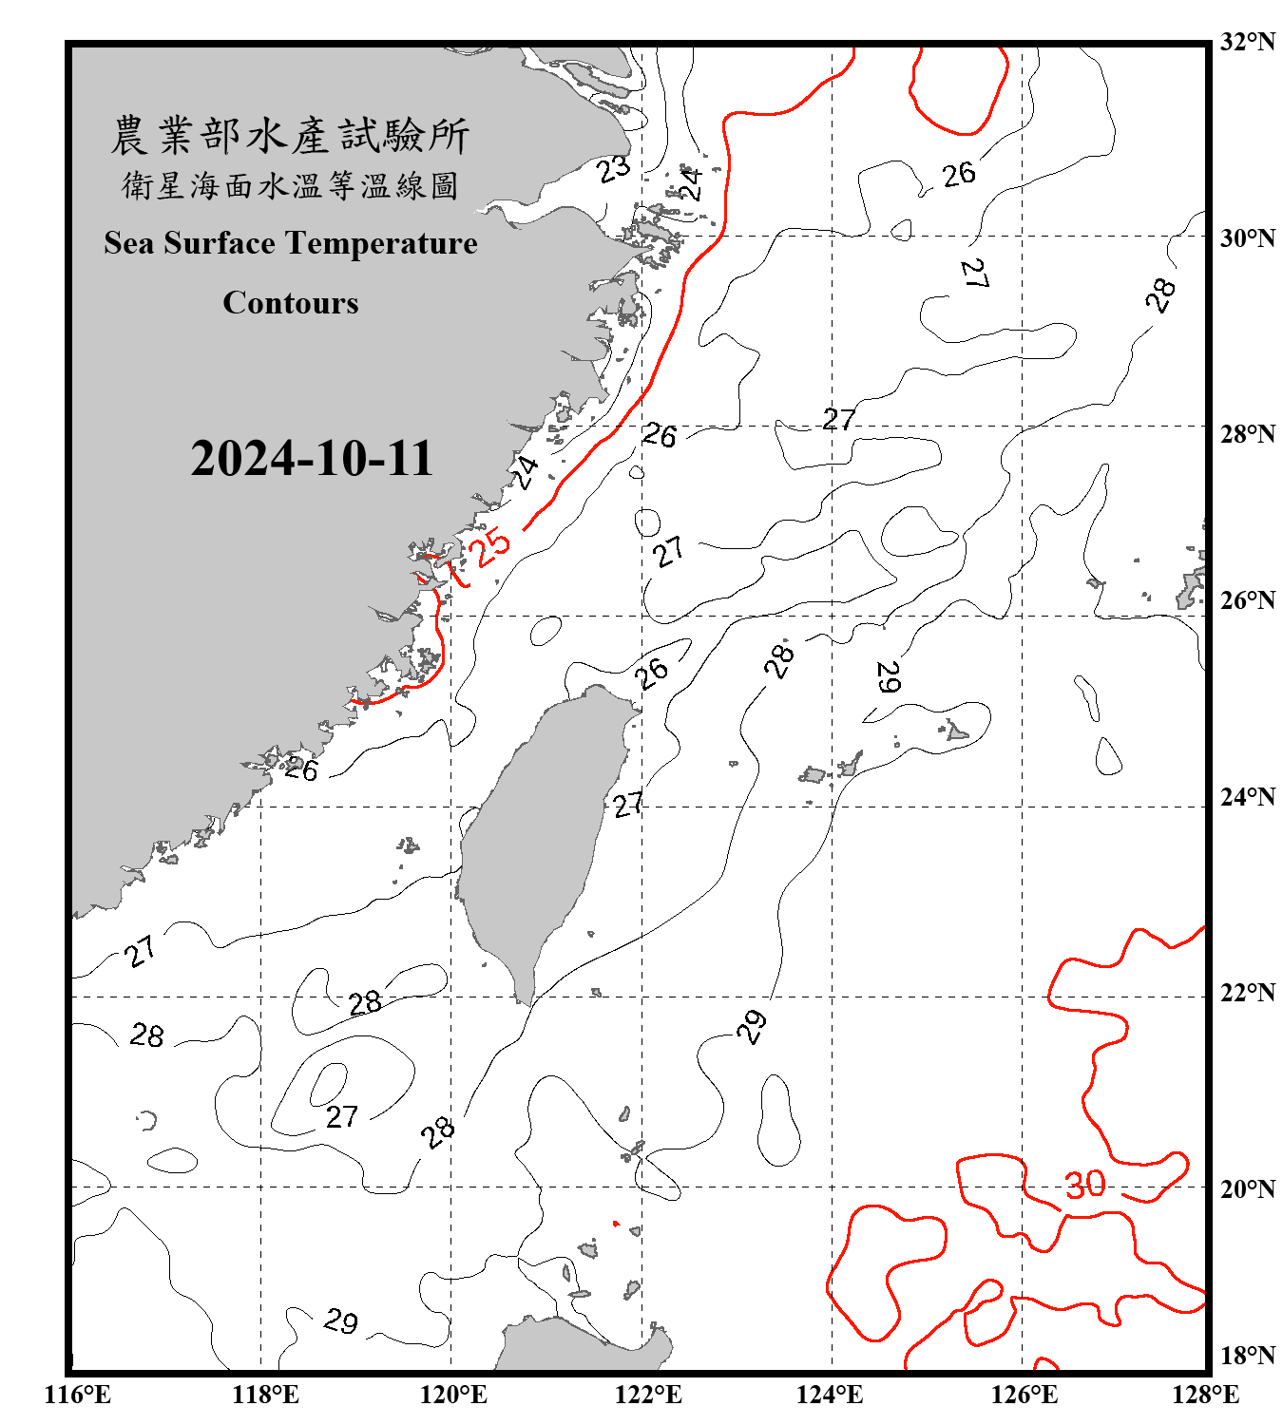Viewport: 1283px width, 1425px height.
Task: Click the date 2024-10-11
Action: point(312,459)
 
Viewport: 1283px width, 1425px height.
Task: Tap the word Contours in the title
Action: point(291,303)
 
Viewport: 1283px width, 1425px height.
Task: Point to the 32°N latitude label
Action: point(1247,42)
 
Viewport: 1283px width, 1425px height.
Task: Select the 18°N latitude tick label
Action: point(1247,1356)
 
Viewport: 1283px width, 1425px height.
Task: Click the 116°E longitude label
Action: point(77,1395)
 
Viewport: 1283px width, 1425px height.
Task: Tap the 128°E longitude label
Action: point(1205,1395)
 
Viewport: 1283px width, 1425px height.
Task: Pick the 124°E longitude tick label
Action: point(830,1395)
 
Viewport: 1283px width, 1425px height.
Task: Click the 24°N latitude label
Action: point(1247,797)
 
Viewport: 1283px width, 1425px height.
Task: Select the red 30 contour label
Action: point(1085,1185)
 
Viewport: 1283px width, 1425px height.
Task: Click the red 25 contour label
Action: point(492,548)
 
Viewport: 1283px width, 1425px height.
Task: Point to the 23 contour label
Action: point(614,168)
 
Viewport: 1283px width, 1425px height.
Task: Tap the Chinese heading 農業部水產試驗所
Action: point(290,136)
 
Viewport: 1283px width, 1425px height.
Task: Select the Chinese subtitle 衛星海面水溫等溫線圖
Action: point(290,185)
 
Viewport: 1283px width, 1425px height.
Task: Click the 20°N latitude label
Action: point(1247,1188)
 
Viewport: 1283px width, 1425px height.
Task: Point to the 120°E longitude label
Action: point(453,1395)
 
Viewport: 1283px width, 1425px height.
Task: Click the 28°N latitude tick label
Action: point(1247,434)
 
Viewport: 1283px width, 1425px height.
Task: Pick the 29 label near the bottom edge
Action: point(340,1321)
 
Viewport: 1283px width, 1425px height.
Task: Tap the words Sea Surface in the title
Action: point(189,243)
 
